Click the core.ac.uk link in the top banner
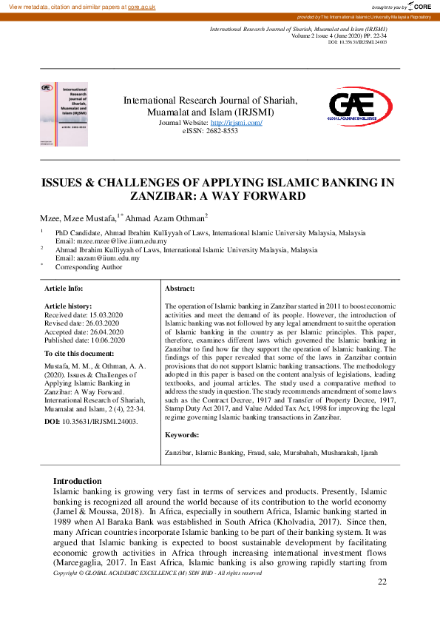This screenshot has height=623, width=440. pyautogui.click(x=143, y=6)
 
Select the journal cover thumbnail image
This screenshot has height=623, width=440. pyautogui.click(x=63, y=112)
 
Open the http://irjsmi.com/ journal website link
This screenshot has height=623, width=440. pyautogui.click(x=237, y=122)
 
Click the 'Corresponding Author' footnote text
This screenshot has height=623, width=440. pyautogui.click(x=87, y=266)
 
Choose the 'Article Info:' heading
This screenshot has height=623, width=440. pyautogui.click(x=64, y=288)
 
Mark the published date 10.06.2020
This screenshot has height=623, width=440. pyautogui.click(x=104, y=340)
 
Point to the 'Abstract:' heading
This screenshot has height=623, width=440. pyautogui.click(x=180, y=288)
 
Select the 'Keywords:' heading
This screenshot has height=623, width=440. pyautogui.click(x=182, y=435)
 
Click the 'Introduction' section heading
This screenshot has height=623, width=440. pyautogui.click(x=77, y=481)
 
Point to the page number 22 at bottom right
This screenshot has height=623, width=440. pyautogui.click(x=382, y=582)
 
